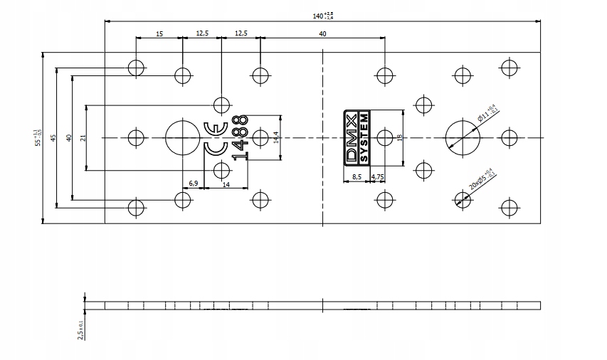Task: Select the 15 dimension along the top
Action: [159, 33]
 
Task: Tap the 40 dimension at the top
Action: [322, 33]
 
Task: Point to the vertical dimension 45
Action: [53, 137]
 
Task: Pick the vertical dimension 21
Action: [83, 137]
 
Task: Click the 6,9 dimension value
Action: [194, 184]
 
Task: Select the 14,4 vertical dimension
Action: [276, 137]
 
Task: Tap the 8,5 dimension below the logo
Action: [357, 176]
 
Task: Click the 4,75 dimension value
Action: [379, 176]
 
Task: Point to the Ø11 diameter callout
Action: [487, 113]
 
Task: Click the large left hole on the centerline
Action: [183, 137]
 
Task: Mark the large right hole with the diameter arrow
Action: [463, 137]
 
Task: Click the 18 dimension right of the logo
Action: [401, 137]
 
